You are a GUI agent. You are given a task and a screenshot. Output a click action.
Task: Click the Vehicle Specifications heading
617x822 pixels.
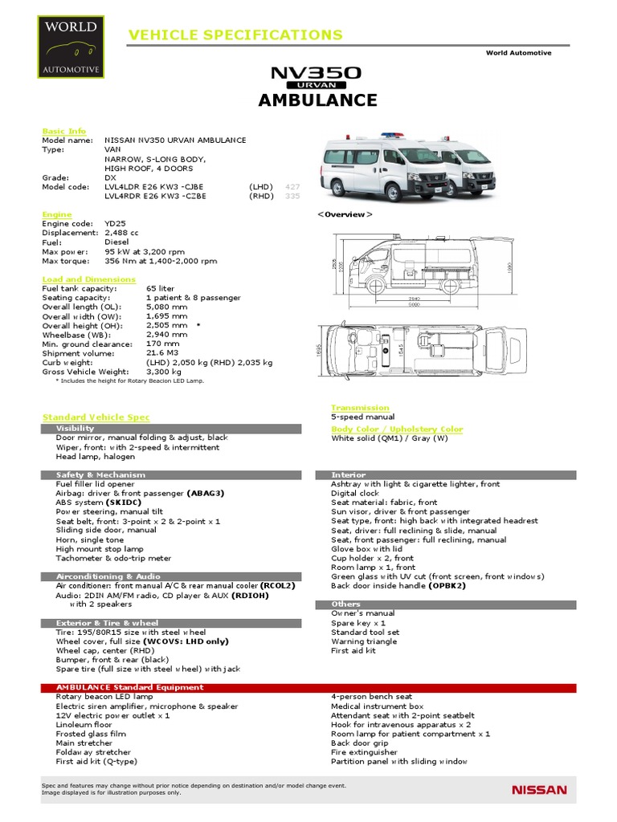tap(235, 35)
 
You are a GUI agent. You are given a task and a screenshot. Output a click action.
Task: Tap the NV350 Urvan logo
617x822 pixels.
tap(317, 76)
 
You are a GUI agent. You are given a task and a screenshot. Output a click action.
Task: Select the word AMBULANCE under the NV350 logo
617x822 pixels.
tap(317, 100)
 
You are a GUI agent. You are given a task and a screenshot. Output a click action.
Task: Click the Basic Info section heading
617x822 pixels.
tap(63, 131)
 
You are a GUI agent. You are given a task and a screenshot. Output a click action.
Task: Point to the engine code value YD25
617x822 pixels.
tap(116, 224)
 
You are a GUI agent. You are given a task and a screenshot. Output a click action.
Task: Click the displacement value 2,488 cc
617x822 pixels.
tap(128, 233)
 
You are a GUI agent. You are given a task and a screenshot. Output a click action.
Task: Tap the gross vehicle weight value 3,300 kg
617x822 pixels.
tap(165, 371)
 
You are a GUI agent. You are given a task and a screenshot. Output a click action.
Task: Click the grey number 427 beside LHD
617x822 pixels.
tap(292, 185)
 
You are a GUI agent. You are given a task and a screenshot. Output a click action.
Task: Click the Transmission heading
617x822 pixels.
tap(360, 408)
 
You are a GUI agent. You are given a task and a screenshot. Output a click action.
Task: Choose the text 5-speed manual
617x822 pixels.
tap(363, 417)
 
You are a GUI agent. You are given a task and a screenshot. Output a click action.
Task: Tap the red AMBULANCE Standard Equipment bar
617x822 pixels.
tap(308, 687)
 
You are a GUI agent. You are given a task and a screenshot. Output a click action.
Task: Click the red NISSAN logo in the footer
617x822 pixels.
tap(539, 790)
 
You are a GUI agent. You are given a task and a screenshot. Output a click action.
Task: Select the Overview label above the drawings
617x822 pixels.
tap(345, 215)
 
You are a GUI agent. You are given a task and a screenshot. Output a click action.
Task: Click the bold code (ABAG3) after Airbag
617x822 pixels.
tap(206, 494)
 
